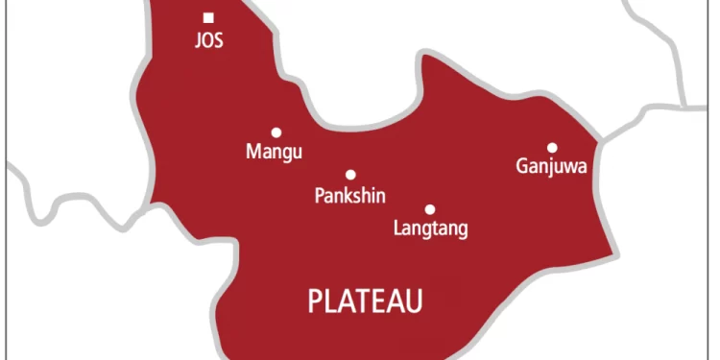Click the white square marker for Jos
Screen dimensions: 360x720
[x=208, y=16]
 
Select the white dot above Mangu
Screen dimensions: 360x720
[x=276, y=132]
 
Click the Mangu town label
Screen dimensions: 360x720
[x=275, y=153]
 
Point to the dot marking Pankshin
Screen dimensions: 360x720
[x=350, y=175]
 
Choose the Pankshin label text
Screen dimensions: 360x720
[x=350, y=196]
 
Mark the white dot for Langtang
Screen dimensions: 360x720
[x=430, y=209]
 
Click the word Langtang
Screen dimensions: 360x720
[x=431, y=229]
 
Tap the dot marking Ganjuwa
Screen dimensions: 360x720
[x=552, y=148]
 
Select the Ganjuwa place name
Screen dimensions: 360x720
[x=552, y=168]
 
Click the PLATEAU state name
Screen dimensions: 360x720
[x=366, y=301]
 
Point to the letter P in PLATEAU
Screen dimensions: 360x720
[x=315, y=301]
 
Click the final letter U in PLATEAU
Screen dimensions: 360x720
[x=414, y=301]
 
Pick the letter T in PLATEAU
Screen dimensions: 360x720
[x=364, y=301]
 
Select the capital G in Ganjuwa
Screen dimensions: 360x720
[x=522, y=167]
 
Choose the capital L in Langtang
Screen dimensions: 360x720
[x=398, y=228]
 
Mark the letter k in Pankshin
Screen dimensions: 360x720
[x=347, y=195]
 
